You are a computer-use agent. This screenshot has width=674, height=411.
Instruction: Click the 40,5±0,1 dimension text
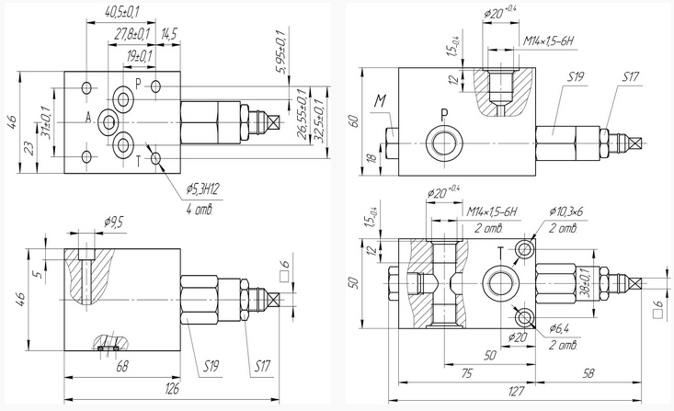pyautogui.click(x=121, y=12)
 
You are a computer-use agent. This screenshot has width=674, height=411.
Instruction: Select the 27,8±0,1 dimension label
pyautogui.click(x=132, y=34)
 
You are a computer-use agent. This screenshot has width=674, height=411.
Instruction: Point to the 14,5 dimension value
pyautogui.click(x=169, y=34)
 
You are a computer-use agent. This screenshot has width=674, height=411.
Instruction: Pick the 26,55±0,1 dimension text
pyautogui.click(x=303, y=114)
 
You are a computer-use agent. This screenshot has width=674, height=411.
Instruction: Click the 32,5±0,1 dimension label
pyautogui.click(x=319, y=120)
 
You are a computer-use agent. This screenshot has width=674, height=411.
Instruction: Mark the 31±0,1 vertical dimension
pyautogui.click(x=46, y=122)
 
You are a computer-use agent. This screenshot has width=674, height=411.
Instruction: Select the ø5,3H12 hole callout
pyautogui.click(x=203, y=189)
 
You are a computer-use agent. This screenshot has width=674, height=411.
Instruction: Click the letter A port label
pyautogui.click(x=88, y=118)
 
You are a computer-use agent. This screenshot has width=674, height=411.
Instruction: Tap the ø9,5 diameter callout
pyautogui.click(x=113, y=223)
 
